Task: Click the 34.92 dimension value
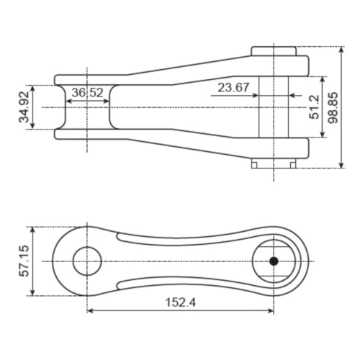[26, 107]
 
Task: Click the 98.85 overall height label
[332, 107]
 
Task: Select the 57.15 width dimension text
[24, 261]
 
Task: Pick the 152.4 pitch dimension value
[180, 303]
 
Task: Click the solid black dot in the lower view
[273, 261]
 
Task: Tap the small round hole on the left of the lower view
[87, 261]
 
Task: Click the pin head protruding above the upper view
[274, 50]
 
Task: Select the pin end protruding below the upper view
[274, 163]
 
